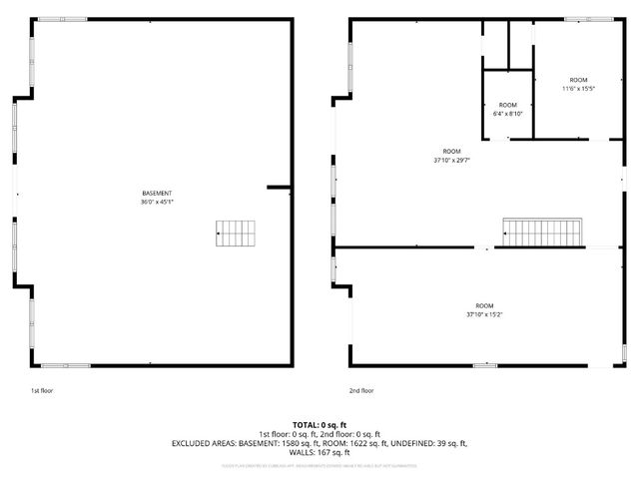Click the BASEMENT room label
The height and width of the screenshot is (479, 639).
(x=157, y=193)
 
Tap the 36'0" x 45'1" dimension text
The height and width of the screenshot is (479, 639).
(x=157, y=202)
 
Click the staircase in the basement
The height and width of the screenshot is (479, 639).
(x=236, y=234)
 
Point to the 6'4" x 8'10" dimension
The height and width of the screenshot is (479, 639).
(x=508, y=114)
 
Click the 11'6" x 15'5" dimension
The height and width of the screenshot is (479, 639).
(x=578, y=89)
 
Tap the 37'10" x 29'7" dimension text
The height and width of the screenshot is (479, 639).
(x=452, y=160)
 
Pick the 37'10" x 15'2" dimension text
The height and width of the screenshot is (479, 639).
(x=484, y=314)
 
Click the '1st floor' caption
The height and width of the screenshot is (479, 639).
(x=41, y=390)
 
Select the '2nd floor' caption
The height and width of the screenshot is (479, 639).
(x=360, y=390)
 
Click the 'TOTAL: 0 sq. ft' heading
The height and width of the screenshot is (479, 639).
(x=319, y=424)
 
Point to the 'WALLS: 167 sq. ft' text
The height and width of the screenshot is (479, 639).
(x=319, y=452)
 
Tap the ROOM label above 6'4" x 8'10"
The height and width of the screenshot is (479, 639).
(x=508, y=105)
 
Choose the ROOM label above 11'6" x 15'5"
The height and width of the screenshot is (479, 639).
(x=578, y=80)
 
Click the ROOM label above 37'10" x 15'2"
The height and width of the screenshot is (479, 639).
(x=484, y=305)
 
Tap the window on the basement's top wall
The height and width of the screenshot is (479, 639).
(x=62, y=19)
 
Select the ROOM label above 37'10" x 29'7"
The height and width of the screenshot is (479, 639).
(x=452, y=151)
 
